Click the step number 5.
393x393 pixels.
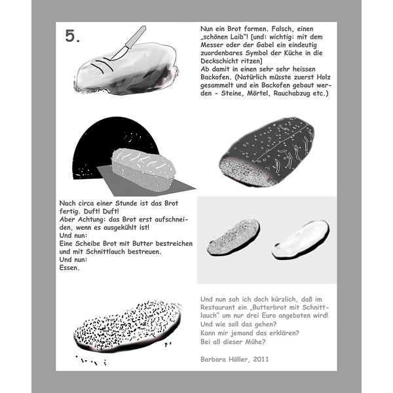click(73, 37)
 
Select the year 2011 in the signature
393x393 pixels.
click(257, 359)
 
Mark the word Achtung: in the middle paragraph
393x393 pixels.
click(90, 219)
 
